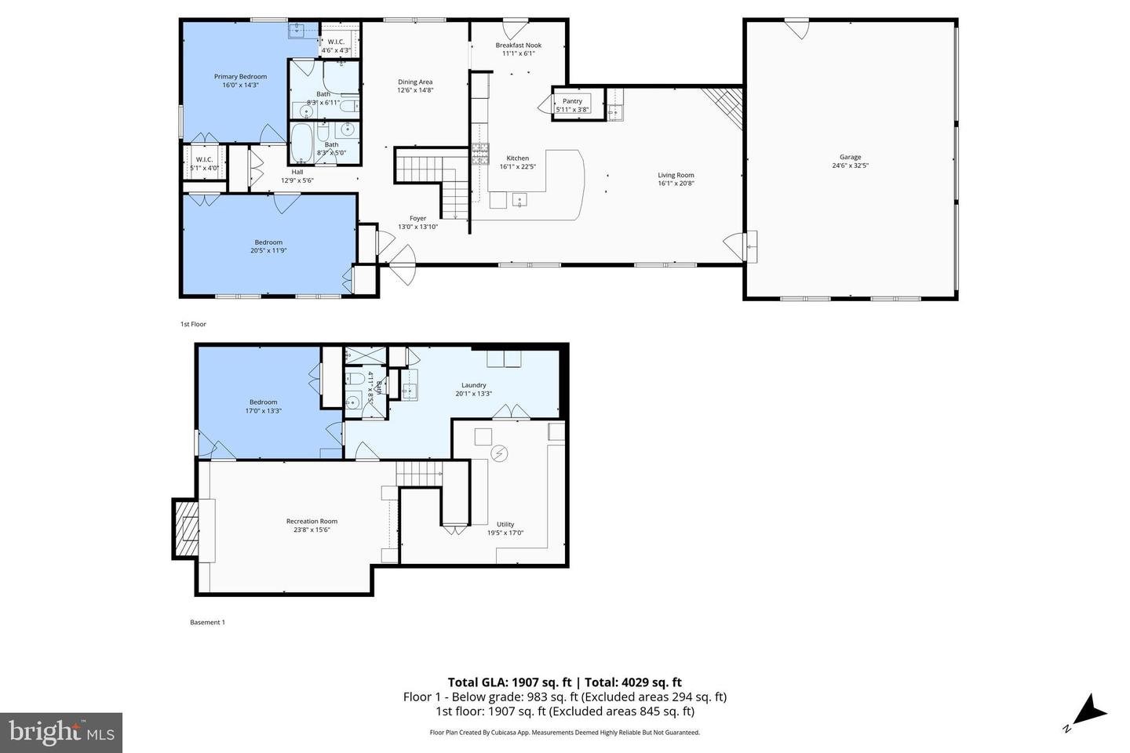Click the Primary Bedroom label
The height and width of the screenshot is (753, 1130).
coord(240,77)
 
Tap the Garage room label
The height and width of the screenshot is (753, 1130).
coord(850,158)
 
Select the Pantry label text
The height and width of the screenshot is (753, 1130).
coord(572,101)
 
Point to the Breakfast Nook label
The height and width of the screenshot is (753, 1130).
coord(518,45)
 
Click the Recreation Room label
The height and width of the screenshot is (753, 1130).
coord(312,522)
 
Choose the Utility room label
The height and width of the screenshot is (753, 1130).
coord(505,525)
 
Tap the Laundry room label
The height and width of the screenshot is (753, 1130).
coord(473,385)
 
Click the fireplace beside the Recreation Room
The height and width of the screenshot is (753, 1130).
coord(186,530)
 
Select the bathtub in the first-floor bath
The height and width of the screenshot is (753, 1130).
coord(301,143)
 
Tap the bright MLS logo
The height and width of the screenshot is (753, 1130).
coord(60,733)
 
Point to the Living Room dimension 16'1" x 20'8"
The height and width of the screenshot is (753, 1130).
coord(676,184)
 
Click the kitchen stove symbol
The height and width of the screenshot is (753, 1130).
coord(479,154)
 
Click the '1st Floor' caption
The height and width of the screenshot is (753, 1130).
coord(193,324)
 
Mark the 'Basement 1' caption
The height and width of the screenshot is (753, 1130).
coord(207,623)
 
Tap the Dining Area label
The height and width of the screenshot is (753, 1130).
coord(414,82)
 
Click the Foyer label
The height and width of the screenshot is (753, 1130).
coord(417,219)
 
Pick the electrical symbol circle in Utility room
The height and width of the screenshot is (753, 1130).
coord(499,453)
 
